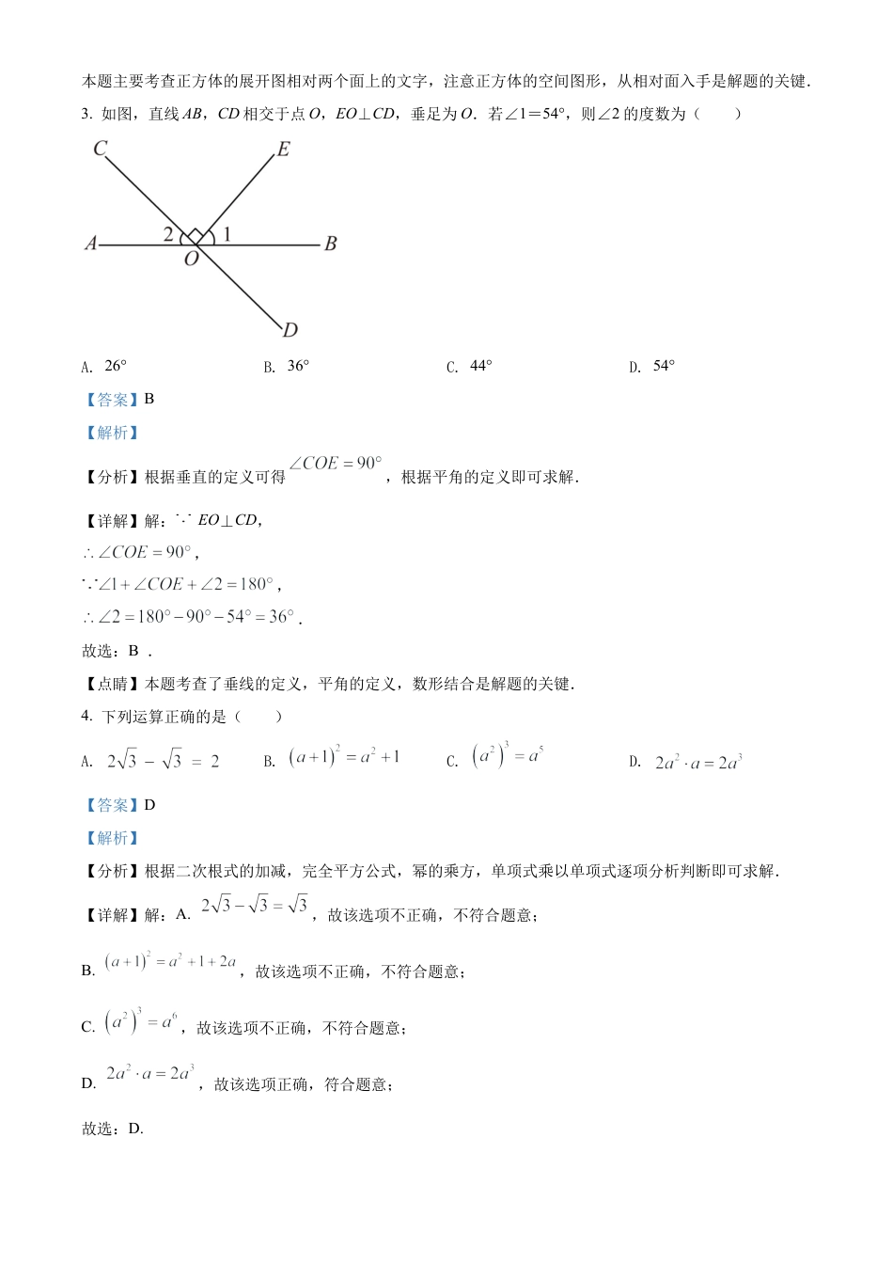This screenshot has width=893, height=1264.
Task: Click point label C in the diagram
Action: [101, 148]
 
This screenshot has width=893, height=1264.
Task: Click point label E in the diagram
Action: [283, 150]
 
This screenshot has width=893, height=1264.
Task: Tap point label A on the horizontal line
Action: [90, 244]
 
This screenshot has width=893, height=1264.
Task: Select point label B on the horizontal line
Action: [330, 244]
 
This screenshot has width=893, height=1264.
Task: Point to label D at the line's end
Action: [290, 329]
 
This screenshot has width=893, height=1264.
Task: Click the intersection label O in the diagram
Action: [192, 259]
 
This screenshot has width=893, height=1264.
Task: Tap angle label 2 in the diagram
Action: [168, 234]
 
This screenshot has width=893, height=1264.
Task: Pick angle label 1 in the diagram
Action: [227, 234]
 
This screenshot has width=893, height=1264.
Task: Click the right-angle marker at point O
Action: [194, 235]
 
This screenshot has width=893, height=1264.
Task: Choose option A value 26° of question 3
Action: [115, 366]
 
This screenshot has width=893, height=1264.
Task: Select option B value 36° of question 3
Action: [298, 366]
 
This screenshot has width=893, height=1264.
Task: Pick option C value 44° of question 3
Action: [480, 366]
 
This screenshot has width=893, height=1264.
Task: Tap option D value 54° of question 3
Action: [664, 366]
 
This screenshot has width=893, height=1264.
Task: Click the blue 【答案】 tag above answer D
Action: [112, 805]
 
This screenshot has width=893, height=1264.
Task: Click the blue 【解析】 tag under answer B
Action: [112, 433]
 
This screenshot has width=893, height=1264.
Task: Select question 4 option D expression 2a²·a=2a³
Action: [698, 762]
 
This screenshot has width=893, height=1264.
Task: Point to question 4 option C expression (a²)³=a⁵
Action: [508, 756]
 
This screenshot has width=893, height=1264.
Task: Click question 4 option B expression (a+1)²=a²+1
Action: [344, 756]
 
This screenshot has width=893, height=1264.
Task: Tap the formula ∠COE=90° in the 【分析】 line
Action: [336, 464]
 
